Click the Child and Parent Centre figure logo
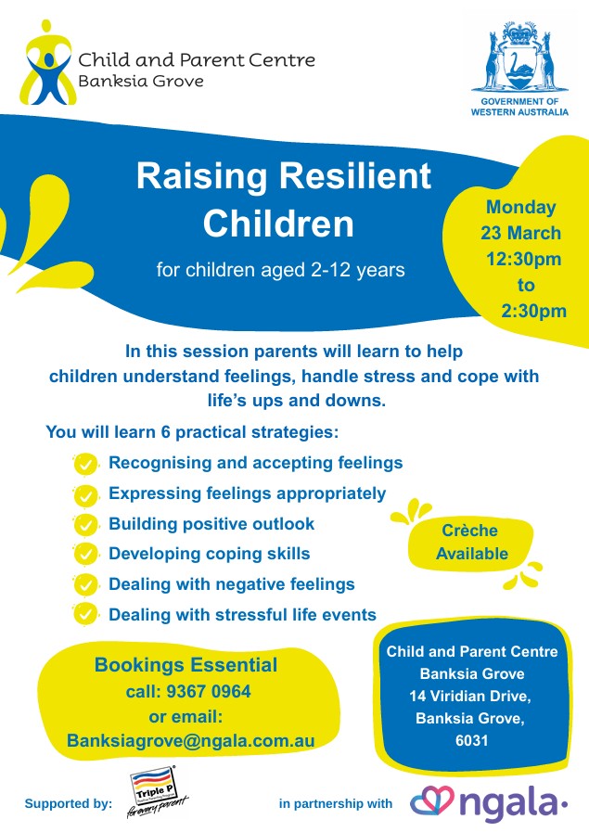(x=46, y=63)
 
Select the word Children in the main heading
(x=278, y=224)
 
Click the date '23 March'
(x=520, y=233)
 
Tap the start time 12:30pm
(x=524, y=259)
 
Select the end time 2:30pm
(x=534, y=311)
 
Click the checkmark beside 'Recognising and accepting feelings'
(x=85, y=465)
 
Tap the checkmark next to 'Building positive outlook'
(x=85, y=525)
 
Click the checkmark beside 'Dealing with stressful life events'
(x=85, y=614)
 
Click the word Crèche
(x=469, y=530)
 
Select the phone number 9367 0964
(x=209, y=691)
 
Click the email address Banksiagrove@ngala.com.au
(x=191, y=741)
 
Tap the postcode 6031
(x=472, y=740)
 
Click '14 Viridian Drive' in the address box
(x=469, y=696)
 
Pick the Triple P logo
(x=156, y=790)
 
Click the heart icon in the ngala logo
(x=432, y=800)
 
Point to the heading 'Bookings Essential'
(x=186, y=665)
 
